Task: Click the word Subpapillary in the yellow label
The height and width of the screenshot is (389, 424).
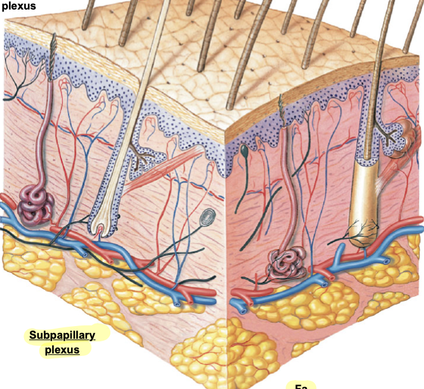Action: (62, 334)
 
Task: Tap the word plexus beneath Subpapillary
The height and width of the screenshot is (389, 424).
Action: (62, 350)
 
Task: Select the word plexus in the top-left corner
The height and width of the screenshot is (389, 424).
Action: (18, 6)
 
